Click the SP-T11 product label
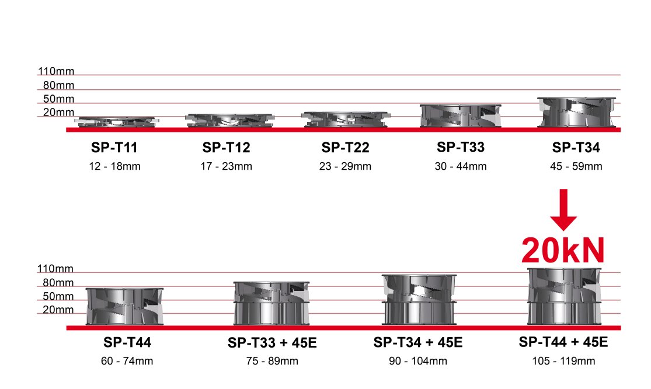(x=114, y=147)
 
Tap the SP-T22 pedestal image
(x=346, y=120)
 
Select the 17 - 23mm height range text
(x=227, y=166)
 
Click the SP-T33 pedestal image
(x=461, y=115)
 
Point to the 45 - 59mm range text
(x=576, y=166)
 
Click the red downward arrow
(x=563, y=210)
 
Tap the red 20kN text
(x=563, y=250)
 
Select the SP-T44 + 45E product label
(x=563, y=342)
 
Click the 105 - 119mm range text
(x=563, y=361)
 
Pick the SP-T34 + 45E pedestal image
(x=419, y=299)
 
